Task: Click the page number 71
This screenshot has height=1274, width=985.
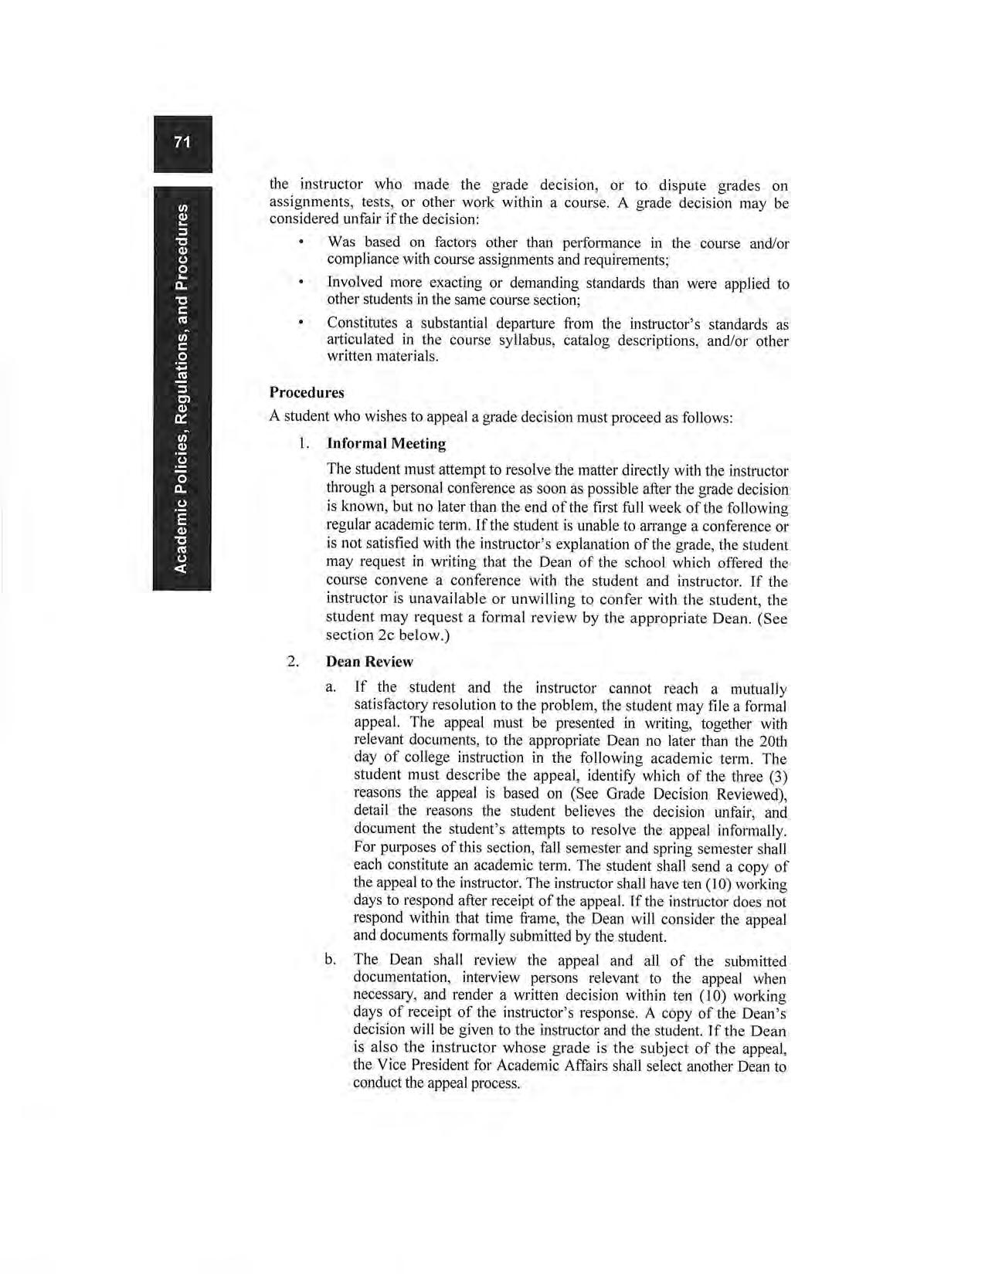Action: click(x=182, y=142)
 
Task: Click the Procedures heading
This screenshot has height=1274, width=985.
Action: click(x=307, y=392)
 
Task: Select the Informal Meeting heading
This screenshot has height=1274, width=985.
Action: click(x=386, y=443)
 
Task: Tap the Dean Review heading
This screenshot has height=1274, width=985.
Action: click(x=369, y=662)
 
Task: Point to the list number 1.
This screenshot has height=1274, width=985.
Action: click(x=304, y=444)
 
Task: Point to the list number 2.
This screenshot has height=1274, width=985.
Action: click(x=292, y=662)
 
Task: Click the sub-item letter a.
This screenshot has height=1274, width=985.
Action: click(x=331, y=686)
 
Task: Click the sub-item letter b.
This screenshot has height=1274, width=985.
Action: click(x=331, y=960)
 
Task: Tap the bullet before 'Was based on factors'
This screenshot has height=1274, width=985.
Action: click(x=300, y=242)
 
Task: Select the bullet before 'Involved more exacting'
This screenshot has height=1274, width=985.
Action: click(x=300, y=283)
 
